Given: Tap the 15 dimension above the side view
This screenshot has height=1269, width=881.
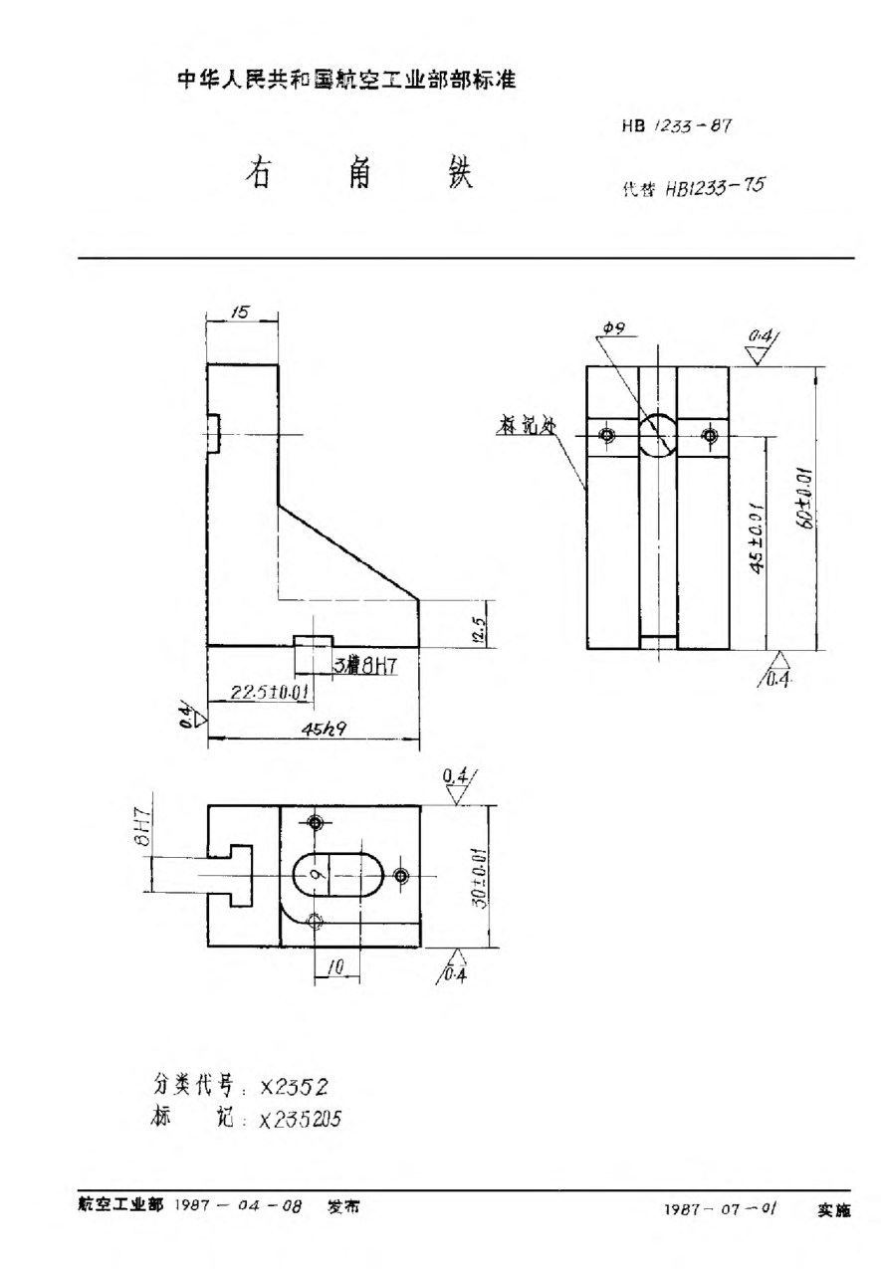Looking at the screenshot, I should [x=240, y=313].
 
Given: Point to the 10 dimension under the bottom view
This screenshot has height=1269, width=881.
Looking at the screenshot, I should [x=336, y=966].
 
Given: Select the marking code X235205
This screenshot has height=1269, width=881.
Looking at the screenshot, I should [x=300, y=1119].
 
